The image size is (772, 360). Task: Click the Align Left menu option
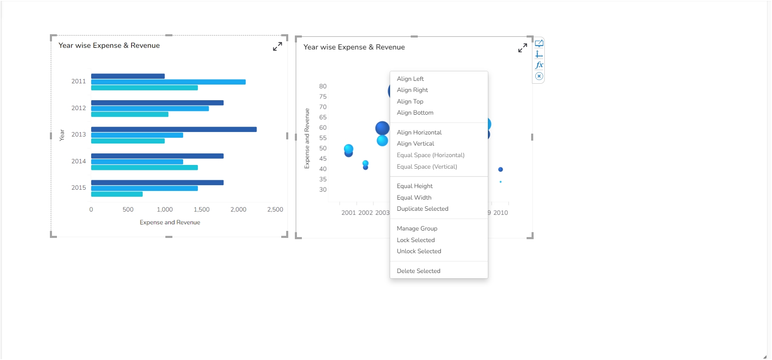coord(410,79)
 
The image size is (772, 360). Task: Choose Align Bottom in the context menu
coord(415,113)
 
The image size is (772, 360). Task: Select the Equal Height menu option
coord(414,186)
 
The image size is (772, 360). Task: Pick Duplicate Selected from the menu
coord(422,209)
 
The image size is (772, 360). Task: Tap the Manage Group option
coord(417,228)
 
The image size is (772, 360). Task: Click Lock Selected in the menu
coord(416,240)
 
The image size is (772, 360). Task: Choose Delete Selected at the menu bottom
coord(418,271)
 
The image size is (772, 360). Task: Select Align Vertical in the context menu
coord(415,144)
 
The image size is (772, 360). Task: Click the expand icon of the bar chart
coord(278,47)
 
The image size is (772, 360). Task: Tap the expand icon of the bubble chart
coord(523,48)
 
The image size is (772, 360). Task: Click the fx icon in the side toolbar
coord(539,65)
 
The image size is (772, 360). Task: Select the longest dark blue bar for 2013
coord(174,129)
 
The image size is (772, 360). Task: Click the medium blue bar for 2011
coord(168,82)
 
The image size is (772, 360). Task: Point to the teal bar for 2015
coord(117,194)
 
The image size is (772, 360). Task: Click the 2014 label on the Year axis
coord(78,161)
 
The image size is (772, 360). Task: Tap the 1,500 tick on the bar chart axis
coord(202,209)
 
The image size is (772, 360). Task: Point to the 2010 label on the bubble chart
coord(501,213)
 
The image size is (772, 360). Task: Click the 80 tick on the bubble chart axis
coord(322,86)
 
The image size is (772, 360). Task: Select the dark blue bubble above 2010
coord(501,169)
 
